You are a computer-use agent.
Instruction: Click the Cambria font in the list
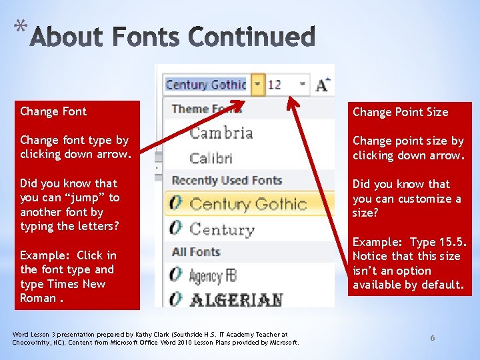221,133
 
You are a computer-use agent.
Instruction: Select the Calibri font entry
211,159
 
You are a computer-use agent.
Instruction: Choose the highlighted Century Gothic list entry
248,204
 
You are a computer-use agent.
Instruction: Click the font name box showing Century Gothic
205,85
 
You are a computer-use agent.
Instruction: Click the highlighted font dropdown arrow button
257,85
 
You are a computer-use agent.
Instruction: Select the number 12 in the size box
275,85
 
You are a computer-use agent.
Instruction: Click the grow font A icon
323,85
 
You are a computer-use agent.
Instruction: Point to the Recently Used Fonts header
227,181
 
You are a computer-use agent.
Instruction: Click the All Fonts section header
195,252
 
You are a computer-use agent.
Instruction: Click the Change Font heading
53,111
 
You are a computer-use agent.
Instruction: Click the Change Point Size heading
400,112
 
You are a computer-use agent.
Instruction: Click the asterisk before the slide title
21,27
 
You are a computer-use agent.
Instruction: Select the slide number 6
432,338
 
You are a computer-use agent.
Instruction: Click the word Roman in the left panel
38,298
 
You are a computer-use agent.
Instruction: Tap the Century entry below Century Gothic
221,230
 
